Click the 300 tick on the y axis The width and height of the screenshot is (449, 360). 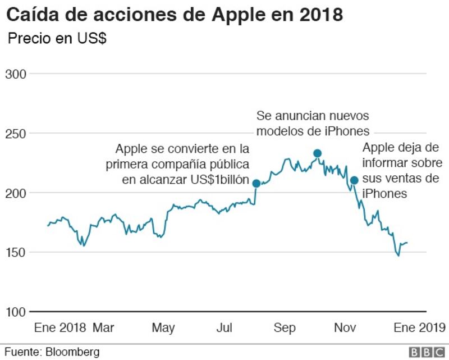[x=16, y=74]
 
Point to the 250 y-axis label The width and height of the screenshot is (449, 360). [x=16, y=134]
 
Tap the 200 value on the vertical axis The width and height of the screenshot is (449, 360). [x=16, y=193]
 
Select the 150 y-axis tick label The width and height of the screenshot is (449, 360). [x=16, y=253]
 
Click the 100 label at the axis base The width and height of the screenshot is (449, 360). [x=16, y=312]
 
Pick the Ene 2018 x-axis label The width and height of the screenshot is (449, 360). [x=60, y=327]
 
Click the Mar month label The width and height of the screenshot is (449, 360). [x=103, y=327]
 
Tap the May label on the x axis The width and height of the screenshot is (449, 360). [x=163, y=328]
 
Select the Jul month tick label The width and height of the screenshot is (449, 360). [x=224, y=327]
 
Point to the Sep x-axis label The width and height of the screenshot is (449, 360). [x=285, y=328]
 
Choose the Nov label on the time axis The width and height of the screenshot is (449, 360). [x=345, y=327]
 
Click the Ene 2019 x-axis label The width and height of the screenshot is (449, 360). [x=419, y=327]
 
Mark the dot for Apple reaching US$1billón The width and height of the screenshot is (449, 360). [x=256, y=184]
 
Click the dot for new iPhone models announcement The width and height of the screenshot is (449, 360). [x=317, y=153]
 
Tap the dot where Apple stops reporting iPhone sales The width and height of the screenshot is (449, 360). [x=354, y=180]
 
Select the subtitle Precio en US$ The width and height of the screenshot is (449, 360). [x=57, y=38]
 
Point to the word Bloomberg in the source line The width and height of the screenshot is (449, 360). [x=72, y=352]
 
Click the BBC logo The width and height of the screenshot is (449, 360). [x=427, y=352]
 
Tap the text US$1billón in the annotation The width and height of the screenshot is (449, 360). [x=220, y=180]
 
